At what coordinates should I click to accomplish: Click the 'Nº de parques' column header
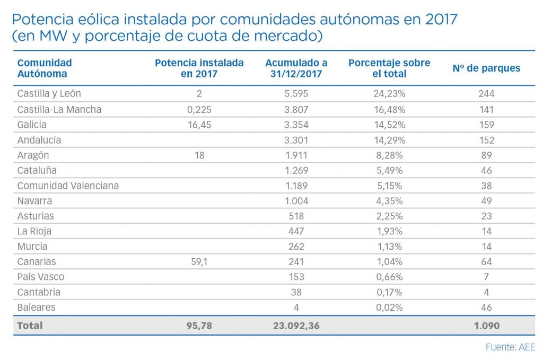(486, 68)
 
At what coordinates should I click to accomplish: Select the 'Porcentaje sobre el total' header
(389, 68)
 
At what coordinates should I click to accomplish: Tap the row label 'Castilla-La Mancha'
(59, 110)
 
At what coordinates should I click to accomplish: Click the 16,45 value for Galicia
(199, 125)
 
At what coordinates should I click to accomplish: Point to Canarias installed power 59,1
(199, 262)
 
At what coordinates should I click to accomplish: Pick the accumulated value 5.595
(296, 94)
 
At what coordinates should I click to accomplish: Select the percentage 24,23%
(389, 94)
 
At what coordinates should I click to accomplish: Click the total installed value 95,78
(199, 326)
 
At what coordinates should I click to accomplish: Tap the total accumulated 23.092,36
(296, 326)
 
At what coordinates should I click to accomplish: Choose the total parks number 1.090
(486, 326)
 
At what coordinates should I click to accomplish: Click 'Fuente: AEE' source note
(510, 348)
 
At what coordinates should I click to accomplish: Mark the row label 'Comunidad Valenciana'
(68, 186)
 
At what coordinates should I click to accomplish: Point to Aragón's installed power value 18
(199, 155)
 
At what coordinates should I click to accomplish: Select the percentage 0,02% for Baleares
(389, 308)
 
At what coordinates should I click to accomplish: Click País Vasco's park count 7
(486, 277)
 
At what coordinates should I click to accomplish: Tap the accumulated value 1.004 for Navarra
(296, 201)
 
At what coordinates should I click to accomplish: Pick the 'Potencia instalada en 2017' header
(199, 68)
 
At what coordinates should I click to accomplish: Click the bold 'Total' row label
(30, 326)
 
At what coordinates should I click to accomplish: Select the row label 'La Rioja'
(34, 232)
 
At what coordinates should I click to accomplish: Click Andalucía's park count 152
(486, 141)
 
